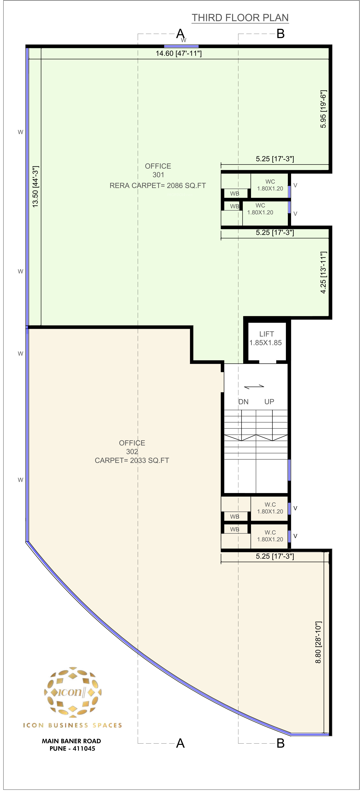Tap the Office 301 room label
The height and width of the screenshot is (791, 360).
[158, 170]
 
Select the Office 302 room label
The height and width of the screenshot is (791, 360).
[132, 447]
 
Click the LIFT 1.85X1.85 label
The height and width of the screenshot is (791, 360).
[266, 338]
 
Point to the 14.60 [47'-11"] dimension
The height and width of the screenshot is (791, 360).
[179, 53]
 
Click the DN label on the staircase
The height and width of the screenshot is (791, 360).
[243, 402]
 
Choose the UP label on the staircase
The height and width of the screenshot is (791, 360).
[269, 402]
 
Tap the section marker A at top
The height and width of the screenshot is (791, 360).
[180, 33]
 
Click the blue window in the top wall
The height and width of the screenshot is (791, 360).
[181, 46]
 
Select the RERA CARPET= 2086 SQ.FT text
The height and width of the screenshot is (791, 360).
[158, 185]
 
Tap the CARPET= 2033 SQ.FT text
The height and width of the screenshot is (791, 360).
[132, 460]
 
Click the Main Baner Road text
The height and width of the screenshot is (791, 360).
[72, 741]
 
